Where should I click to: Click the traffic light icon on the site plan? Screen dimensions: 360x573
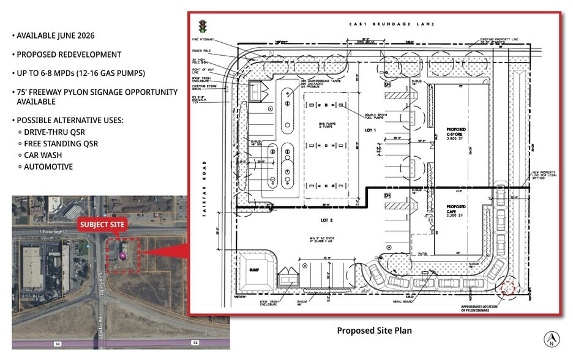pyautogui.click(x=201, y=26)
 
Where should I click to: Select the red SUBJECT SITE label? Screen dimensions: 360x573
pyautogui.click(x=102, y=225)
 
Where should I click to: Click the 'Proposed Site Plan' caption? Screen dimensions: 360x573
pyautogui.click(x=374, y=331)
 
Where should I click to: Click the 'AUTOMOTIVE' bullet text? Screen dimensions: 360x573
pyautogui.click(x=48, y=167)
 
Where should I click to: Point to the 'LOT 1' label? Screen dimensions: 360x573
pyautogui.click(x=370, y=130)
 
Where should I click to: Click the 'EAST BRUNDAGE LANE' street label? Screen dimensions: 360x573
pyautogui.click(x=392, y=24)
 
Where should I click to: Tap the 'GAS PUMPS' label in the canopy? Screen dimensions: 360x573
pyautogui.click(x=326, y=125)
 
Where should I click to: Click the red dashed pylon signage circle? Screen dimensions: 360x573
pyautogui.click(x=507, y=287)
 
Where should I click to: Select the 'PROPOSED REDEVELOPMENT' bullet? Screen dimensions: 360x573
pyautogui.click(x=69, y=54)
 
